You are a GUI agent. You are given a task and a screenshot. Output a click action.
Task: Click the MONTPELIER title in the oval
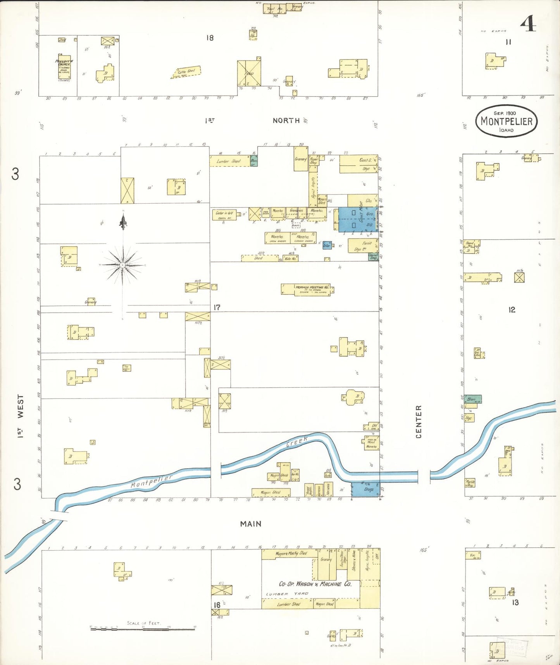[x=507, y=121]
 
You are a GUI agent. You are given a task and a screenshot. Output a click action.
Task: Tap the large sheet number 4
[x=528, y=24]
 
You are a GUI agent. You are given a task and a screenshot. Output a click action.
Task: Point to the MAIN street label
[x=251, y=524]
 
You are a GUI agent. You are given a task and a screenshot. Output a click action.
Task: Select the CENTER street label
[x=419, y=422]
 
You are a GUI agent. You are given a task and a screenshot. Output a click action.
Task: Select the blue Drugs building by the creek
[x=365, y=489]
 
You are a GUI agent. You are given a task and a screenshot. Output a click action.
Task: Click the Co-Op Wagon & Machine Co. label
[x=315, y=584]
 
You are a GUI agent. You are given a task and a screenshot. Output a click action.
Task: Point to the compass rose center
[x=122, y=265]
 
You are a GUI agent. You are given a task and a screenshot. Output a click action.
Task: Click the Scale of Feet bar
[x=143, y=629]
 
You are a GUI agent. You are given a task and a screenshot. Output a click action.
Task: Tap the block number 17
[x=217, y=307]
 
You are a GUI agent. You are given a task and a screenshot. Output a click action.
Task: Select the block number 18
[x=210, y=38]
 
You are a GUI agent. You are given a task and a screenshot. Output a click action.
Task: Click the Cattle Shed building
[x=186, y=72]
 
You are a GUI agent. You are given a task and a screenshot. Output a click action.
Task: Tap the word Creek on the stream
[x=297, y=441]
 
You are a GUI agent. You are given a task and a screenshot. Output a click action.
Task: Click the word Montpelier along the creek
[x=151, y=481]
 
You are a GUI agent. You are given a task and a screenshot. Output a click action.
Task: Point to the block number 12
[x=512, y=310]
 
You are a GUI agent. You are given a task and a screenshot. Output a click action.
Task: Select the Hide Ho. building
[x=290, y=258]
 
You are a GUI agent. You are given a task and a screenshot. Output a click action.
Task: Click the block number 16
[x=217, y=605]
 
